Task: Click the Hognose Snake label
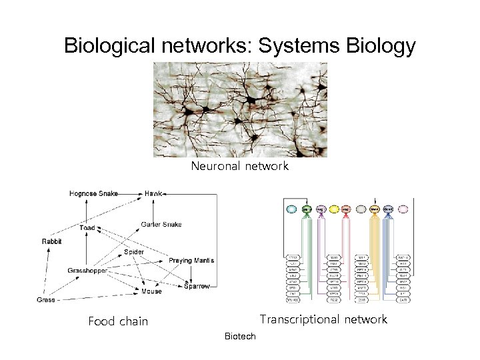tap(93, 193)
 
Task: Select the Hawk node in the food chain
tap(153, 193)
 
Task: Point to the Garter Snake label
tap(161, 224)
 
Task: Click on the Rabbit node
tap(52, 241)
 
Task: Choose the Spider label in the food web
tap(133, 252)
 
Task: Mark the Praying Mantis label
tap(189, 259)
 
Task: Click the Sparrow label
tap(197, 286)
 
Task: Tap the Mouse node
tap(151, 291)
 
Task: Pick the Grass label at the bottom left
tap(46, 300)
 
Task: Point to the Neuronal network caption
tap(240, 167)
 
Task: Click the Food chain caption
tap(118, 321)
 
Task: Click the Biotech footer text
tap(240, 337)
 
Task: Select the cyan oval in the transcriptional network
tap(291, 209)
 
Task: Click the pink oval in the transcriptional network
tap(403, 209)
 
